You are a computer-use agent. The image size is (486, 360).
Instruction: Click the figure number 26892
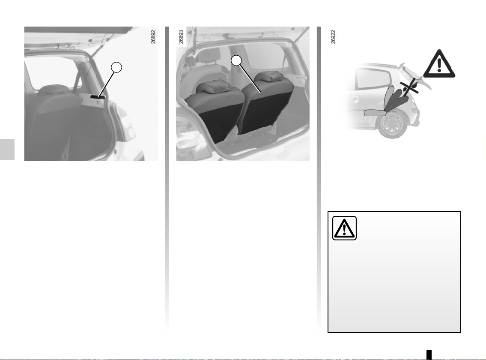[x=153, y=36]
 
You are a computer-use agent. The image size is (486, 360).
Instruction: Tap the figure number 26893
[x=181, y=36]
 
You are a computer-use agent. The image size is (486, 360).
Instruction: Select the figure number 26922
[x=333, y=36]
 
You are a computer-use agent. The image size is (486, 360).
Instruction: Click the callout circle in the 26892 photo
[x=116, y=67]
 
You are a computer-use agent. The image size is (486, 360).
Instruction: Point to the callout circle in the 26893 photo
[x=236, y=60]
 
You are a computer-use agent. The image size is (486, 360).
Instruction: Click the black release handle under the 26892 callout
[x=98, y=97]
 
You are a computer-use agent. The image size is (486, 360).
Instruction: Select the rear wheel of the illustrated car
[x=392, y=124]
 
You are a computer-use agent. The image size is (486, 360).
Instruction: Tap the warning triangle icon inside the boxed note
[x=344, y=228]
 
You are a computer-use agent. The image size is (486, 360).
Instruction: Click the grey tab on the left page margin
[x=7, y=150]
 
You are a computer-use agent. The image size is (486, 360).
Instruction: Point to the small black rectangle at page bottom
[x=429, y=354]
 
